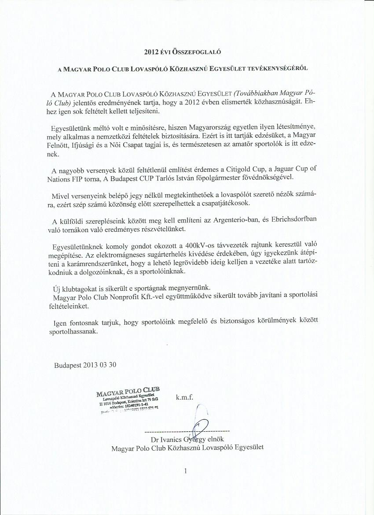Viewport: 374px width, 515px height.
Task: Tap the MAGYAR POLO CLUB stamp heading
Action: pos(127,391)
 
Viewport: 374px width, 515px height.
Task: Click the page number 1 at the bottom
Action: pos(186,471)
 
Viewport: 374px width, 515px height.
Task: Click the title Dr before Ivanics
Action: pos(154,439)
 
